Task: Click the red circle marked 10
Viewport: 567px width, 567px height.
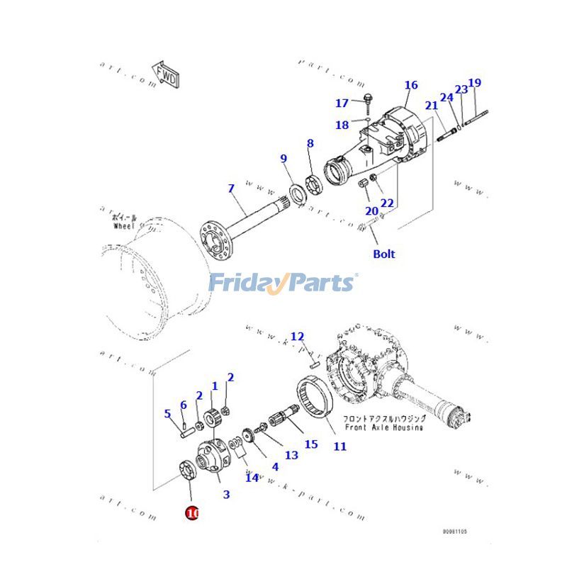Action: click(x=192, y=512)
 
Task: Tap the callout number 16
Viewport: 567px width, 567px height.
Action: click(x=411, y=86)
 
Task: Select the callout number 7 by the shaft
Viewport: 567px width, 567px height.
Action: click(x=230, y=189)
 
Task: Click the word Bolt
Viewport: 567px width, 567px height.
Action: click(x=384, y=254)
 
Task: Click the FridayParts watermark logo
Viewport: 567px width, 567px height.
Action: click(x=283, y=283)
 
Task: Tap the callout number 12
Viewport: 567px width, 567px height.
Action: click(x=297, y=336)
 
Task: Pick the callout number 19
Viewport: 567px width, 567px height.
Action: click(x=475, y=83)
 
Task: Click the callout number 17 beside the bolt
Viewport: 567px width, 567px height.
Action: click(x=342, y=103)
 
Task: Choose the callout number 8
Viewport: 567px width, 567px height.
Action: click(x=310, y=144)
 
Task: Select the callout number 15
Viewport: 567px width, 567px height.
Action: click(x=311, y=444)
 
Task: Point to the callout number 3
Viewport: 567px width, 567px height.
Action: click(x=226, y=495)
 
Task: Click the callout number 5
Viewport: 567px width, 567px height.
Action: click(x=168, y=414)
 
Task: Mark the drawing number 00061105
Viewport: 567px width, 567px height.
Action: click(x=454, y=531)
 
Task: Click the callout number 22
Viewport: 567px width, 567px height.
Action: click(x=386, y=203)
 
